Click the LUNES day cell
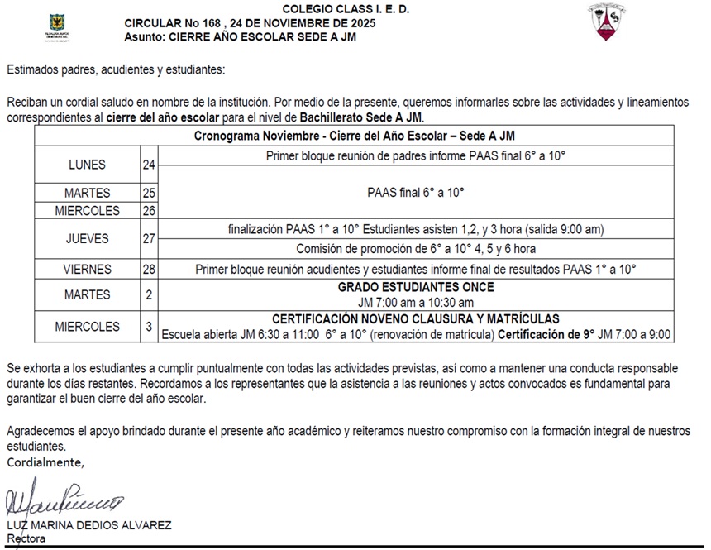(x=87, y=165)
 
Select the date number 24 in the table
(x=149, y=165)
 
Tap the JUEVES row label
(x=87, y=238)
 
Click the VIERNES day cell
(x=87, y=270)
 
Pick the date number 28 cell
(x=149, y=270)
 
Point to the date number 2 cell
(x=149, y=294)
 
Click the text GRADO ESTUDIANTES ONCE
(x=416, y=287)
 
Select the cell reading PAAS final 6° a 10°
(x=415, y=192)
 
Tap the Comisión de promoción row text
(x=415, y=248)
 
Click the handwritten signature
(x=62, y=501)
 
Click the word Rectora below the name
(x=26, y=538)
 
